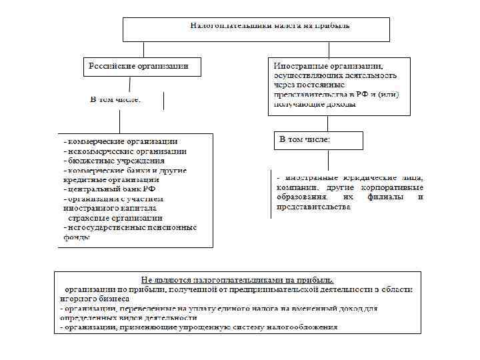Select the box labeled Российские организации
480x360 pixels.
(135, 66)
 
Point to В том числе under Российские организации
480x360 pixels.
(116, 99)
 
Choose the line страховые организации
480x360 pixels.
(114, 217)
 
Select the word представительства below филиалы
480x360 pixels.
(313, 207)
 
